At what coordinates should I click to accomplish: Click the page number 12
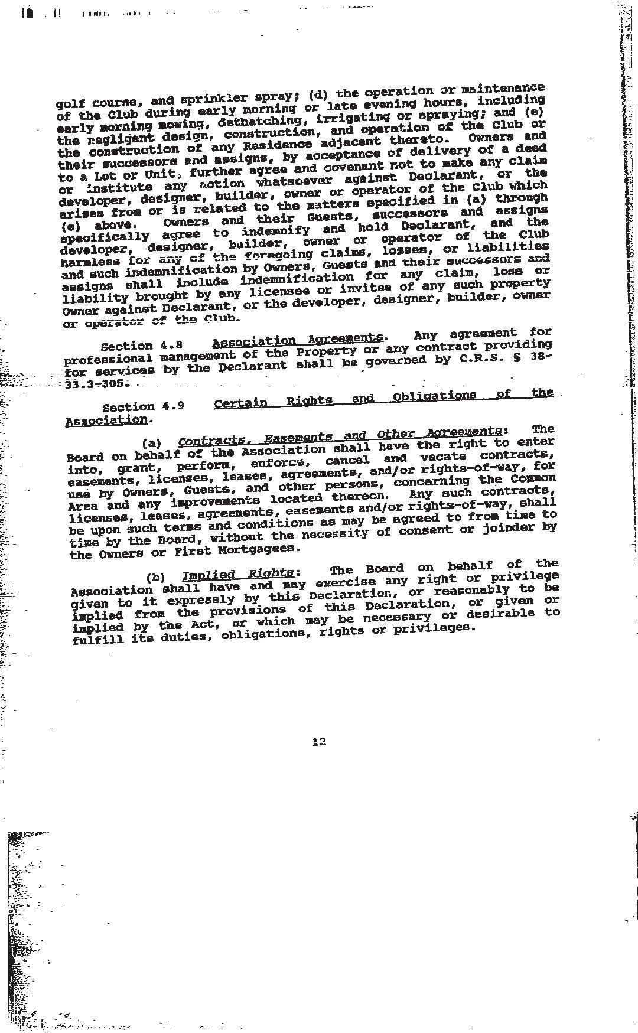pyautogui.click(x=318, y=742)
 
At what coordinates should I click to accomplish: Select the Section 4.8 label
pyautogui.click(x=141, y=346)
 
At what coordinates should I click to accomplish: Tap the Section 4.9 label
pyautogui.click(x=143, y=407)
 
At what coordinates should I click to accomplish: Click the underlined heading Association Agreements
pyautogui.click(x=297, y=340)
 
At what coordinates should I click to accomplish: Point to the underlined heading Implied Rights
pyautogui.click(x=238, y=575)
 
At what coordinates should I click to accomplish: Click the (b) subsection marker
pyautogui.click(x=155, y=578)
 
